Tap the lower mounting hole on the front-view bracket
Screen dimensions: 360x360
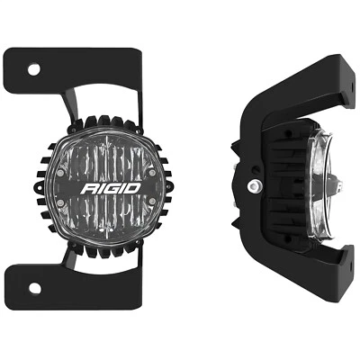pos(33,287)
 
